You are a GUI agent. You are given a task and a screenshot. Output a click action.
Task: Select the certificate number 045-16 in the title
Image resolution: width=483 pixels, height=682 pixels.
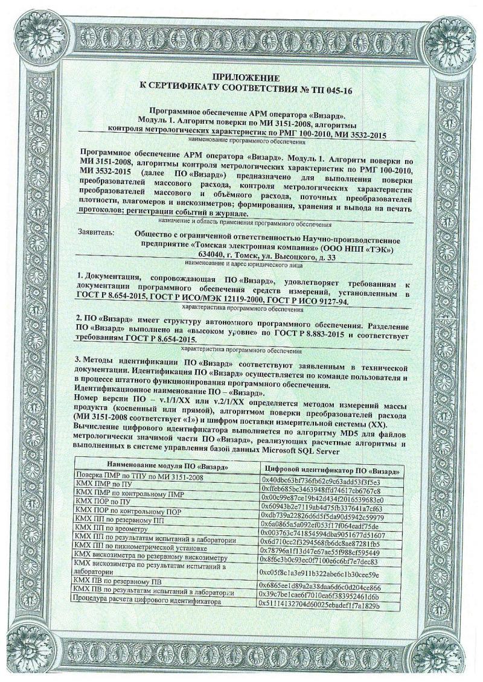tap(334, 90)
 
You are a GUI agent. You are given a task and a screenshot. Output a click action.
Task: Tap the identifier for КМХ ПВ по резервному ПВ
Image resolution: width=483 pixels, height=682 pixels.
tap(319, 587)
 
